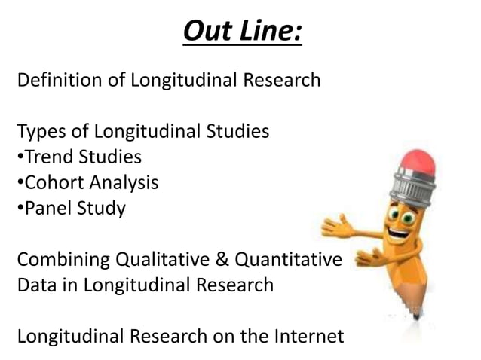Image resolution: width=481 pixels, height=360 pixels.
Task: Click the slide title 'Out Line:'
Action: pyautogui.click(x=241, y=32)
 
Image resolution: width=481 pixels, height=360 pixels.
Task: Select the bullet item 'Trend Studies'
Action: pyautogui.click(x=79, y=157)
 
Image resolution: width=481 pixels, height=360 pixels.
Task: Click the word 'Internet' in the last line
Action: pyautogui.click(x=305, y=336)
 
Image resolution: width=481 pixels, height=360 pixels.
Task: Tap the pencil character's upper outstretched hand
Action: pyautogui.click(x=339, y=226)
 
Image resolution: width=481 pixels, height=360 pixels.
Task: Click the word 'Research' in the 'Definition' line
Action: pyautogui.click(x=280, y=79)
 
